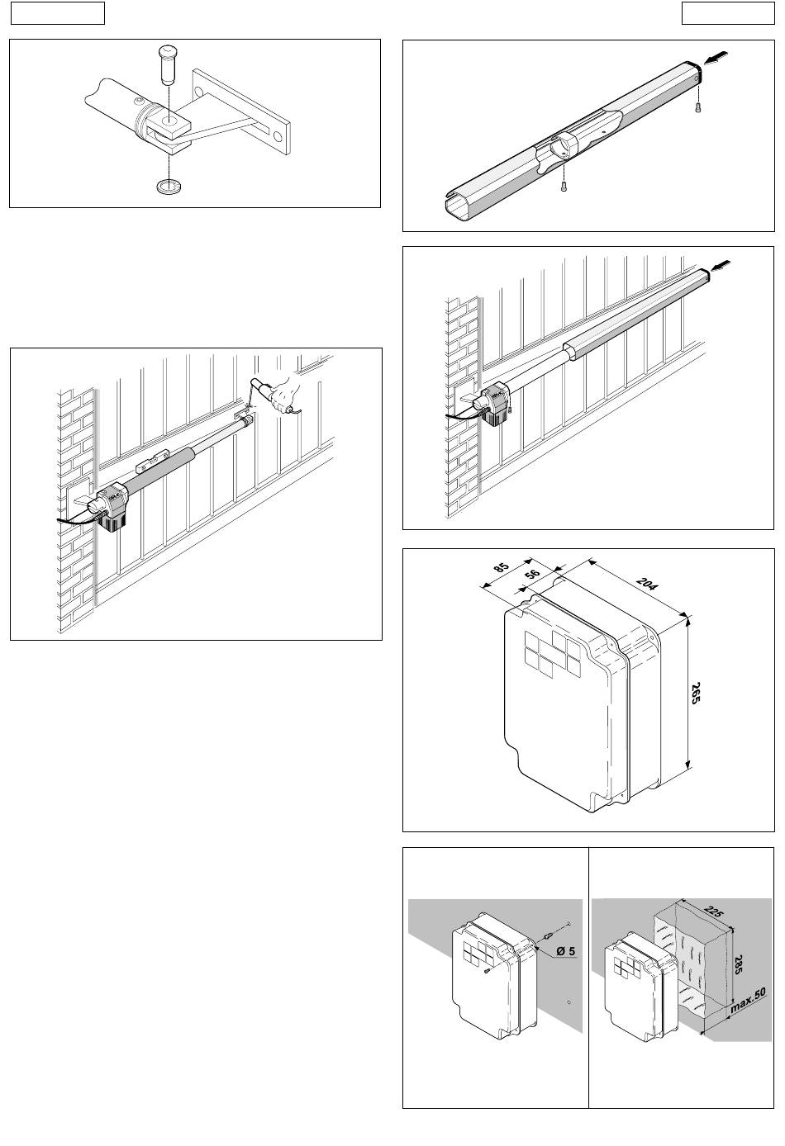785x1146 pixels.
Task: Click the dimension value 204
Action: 647,584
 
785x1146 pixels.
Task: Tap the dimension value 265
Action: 695,694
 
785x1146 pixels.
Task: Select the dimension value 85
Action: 502,568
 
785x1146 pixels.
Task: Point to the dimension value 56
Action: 532,574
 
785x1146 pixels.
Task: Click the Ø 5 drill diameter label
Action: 566,951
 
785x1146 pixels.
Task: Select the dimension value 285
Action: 737,965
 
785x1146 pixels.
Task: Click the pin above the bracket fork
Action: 167,65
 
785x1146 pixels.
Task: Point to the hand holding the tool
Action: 283,395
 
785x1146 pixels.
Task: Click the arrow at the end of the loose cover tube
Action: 716,58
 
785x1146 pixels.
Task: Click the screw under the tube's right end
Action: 697,107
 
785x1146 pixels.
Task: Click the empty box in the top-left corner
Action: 58,13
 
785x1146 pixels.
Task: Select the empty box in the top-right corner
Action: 728,13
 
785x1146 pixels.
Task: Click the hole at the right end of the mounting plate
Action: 278,136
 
